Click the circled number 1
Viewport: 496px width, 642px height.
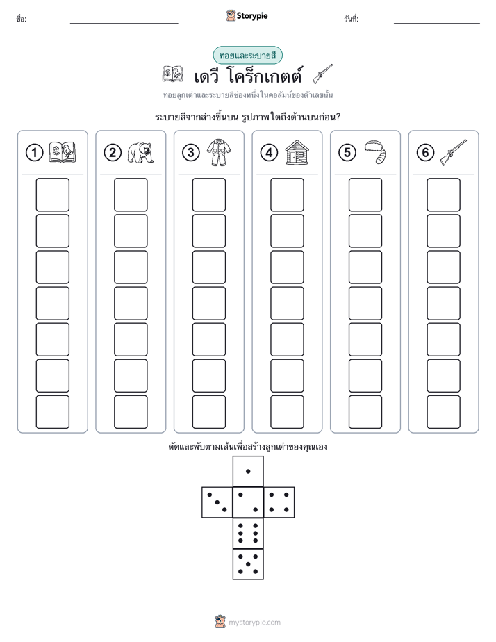[x=34, y=153]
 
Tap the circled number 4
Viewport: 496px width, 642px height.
[x=269, y=153]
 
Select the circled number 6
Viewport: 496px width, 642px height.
[x=425, y=153]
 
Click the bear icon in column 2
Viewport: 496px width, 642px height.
[x=140, y=152]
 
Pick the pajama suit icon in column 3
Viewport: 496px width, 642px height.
[x=218, y=152]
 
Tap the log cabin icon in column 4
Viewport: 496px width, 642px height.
[x=297, y=152]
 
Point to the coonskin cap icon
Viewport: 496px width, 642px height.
[x=375, y=152]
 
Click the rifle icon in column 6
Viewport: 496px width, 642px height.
[x=453, y=152]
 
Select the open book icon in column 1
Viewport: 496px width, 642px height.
[x=63, y=152]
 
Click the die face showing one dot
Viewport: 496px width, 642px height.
[x=248, y=471]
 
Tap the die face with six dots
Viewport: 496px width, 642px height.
[x=248, y=533]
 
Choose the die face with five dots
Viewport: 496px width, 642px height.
[x=248, y=564]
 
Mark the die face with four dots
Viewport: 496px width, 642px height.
[x=279, y=502]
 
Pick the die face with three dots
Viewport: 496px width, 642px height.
[x=217, y=502]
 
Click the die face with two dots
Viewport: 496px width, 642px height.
[x=248, y=502]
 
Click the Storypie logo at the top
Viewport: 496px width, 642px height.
[x=247, y=15]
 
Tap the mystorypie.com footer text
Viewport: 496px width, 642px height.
[x=254, y=623]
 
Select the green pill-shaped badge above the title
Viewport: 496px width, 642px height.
[x=247, y=56]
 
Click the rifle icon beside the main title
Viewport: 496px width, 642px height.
[x=322, y=74]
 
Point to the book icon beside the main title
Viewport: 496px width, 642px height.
[x=172, y=74]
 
